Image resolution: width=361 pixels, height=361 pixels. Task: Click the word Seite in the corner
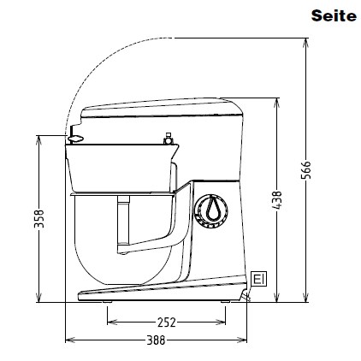[334, 15]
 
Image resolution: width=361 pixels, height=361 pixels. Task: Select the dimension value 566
[306, 170]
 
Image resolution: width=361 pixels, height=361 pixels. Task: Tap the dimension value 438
[277, 200]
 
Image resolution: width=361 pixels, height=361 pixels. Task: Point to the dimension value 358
[39, 219]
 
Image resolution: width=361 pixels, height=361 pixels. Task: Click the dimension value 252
[167, 323]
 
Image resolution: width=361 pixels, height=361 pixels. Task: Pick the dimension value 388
[156, 340]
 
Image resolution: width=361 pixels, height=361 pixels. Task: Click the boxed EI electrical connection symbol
[259, 279]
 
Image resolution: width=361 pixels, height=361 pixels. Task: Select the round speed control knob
[211, 211]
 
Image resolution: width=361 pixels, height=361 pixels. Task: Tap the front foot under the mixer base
[107, 301]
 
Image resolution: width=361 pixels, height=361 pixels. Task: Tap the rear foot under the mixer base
[225, 301]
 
